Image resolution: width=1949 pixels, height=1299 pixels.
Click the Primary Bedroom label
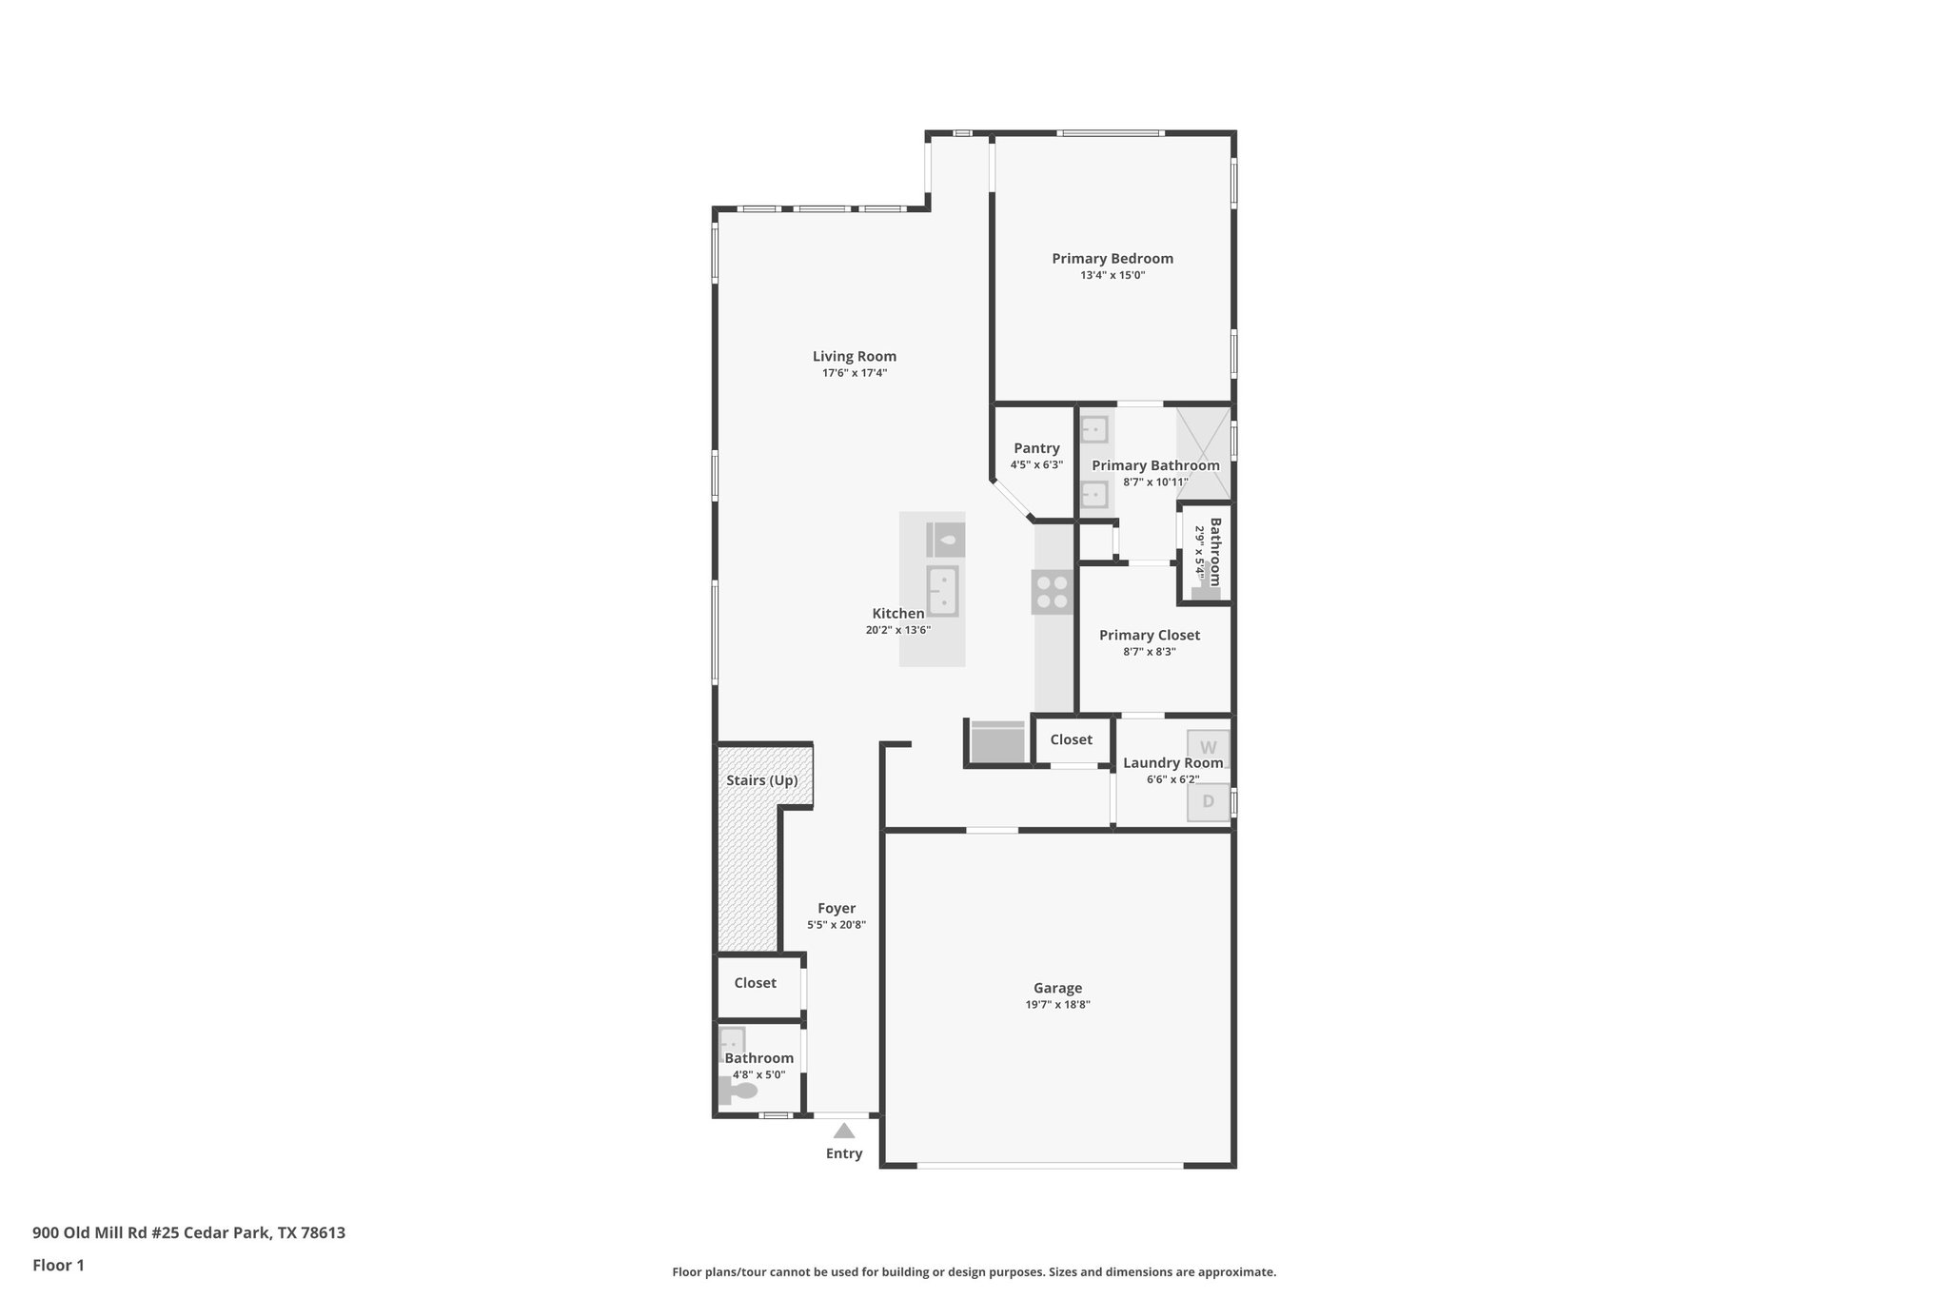coord(1112,258)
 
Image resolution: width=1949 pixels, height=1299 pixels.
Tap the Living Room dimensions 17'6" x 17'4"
coord(855,373)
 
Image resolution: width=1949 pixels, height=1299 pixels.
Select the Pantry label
coord(1036,448)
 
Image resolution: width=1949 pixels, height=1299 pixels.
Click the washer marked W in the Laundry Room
coord(1208,748)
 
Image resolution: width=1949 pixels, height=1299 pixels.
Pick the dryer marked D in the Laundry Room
coord(1208,801)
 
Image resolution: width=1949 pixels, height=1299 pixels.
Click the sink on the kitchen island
coord(942,591)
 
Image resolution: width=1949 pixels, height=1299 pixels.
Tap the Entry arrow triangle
coord(844,1131)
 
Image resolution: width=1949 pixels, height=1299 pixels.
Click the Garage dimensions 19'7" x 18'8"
coord(1057,1004)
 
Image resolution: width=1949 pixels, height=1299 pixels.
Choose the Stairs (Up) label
coord(761,780)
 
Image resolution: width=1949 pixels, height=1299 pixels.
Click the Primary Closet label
coord(1149,635)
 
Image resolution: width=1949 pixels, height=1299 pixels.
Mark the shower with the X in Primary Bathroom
coord(1203,453)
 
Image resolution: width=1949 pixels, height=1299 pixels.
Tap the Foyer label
coord(836,908)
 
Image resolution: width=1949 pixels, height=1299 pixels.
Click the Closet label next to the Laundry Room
coord(1071,739)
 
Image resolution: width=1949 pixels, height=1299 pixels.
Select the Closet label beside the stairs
coord(755,983)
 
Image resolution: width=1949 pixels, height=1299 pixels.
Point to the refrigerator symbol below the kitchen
coord(996,742)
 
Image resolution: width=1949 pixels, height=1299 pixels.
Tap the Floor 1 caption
coord(58,1265)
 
